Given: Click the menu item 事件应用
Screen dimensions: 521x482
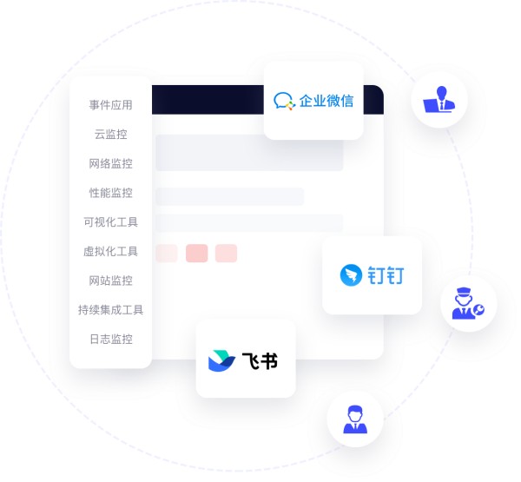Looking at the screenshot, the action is pyautogui.click(x=110, y=105).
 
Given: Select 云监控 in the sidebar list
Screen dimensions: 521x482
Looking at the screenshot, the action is pyautogui.click(x=110, y=135).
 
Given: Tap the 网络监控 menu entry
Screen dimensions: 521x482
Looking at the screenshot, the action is pyautogui.click(x=110, y=163).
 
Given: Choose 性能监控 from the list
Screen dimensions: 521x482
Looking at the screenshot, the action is pyautogui.click(x=110, y=193).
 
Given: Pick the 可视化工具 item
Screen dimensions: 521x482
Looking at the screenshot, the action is pyautogui.click(x=110, y=222).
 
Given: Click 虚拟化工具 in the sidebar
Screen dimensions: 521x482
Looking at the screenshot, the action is pyautogui.click(x=110, y=251).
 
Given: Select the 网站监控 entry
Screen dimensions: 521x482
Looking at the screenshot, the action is pyautogui.click(x=110, y=281).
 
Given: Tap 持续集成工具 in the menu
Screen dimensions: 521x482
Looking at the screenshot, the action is pyautogui.click(x=110, y=310).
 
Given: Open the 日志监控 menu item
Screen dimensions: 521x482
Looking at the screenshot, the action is pyautogui.click(x=110, y=339).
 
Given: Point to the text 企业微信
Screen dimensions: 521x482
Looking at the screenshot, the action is pyautogui.click(x=326, y=101).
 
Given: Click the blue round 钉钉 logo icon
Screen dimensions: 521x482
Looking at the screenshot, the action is pyautogui.click(x=351, y=275).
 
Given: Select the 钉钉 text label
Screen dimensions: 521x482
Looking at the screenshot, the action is pyautogui.click(x=386, y=275).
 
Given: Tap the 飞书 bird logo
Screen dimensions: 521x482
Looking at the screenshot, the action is pyautogui.click(x=221, y=360).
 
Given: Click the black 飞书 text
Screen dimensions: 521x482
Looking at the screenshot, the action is pyautogui.click(x=260, y=360).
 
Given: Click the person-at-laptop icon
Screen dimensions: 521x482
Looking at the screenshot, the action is pyautogui.click(x=439, y=99).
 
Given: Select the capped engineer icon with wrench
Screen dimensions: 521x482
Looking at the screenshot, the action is pyautogui.click(x=468, y=303).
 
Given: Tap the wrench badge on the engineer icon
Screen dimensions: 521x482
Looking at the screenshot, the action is pyautogui.click(x=478, y=310).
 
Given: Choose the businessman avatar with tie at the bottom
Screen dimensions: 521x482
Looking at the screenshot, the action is pyautogui.click(x=355, y=419).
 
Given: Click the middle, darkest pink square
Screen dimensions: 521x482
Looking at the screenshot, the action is pyautogui.click(x=197, y=254).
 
